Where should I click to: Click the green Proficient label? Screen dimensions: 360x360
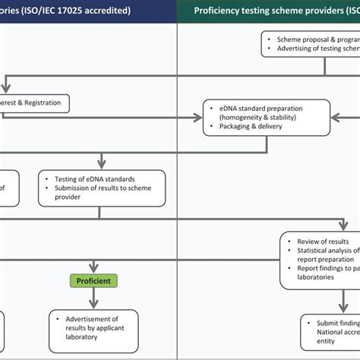(x=93, y=282)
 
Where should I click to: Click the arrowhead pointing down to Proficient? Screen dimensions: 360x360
(x=93, y=268)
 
